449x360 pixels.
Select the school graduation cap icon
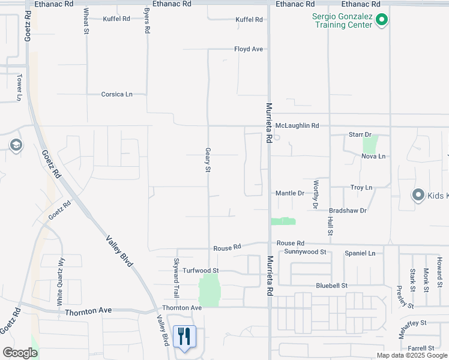tap(15, 145)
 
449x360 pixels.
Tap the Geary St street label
tap(208, 160)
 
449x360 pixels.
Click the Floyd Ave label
tap(249, 49)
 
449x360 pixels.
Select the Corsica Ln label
tap(116, 94)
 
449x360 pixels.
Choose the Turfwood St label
tap(200, 271)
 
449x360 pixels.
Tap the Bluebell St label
tap(333, 286)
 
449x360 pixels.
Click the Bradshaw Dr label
tap(348, 211)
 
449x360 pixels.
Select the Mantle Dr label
tap(290, 193)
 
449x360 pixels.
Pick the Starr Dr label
tap(360, 134)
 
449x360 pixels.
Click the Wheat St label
tap(86, 22)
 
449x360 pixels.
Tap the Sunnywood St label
tap(305, 252)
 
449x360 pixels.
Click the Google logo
tap(19, 353)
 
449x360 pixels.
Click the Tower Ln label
tap(19, 87)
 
